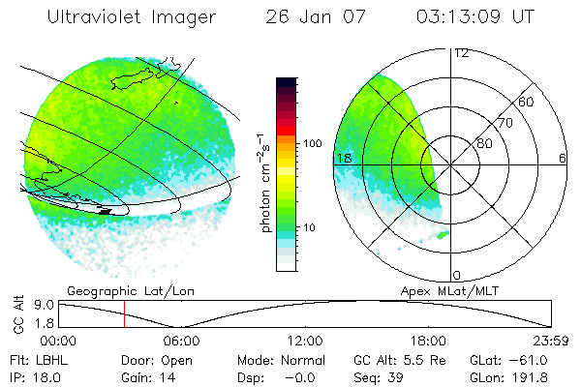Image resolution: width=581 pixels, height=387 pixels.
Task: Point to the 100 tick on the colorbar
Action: [x=312, y=143]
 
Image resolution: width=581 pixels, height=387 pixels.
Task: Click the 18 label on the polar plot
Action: [x=342, y=158]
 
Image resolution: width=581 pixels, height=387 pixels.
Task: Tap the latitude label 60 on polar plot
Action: [x=527, y=102]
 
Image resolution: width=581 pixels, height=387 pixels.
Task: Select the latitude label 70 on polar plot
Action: [x=505, y=123]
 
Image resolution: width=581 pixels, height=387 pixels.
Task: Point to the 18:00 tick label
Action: [x=428, y=340]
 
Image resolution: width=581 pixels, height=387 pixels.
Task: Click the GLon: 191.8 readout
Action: [x=530, y=375]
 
